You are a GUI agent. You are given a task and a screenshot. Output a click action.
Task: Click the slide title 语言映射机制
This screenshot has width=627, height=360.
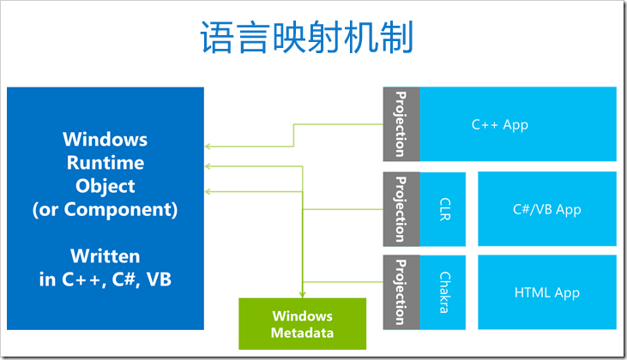coord(307,37)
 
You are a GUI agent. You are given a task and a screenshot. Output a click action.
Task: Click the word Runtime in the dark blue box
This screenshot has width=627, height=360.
coord(106,163)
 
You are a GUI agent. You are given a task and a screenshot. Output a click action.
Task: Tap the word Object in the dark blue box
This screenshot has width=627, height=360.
coord(106,187)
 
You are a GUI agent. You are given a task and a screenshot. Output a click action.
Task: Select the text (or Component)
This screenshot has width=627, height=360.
coord(106,210)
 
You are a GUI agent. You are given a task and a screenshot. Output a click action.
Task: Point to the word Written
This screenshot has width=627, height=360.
coord(106,256)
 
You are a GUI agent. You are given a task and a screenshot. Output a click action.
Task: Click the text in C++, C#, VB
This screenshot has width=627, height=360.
coord(106,279)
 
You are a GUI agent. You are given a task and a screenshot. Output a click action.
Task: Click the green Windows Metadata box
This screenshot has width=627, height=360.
coord(302,324)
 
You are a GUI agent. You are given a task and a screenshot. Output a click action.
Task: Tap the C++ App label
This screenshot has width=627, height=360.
coord(500,124)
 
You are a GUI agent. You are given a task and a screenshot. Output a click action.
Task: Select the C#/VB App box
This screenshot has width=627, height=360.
coord(547,209)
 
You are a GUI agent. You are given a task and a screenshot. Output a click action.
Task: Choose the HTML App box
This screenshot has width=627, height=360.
coord(547,292)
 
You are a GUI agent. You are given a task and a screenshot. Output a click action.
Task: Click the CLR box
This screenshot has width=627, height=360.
coord(443,209)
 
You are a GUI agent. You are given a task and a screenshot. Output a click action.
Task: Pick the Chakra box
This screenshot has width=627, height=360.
coord(443,292)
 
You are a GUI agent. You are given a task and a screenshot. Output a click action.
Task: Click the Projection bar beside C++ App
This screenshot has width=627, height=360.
coord(401,124)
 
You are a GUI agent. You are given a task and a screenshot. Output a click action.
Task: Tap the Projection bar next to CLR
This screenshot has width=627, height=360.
coord(401,209)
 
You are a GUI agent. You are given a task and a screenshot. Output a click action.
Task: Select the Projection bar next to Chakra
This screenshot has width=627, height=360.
coord(401,292)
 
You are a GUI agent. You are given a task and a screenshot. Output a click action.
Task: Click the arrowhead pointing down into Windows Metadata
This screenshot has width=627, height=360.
coord(302,295)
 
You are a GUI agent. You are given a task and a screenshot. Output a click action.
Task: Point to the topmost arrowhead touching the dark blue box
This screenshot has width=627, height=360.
coord(207,147)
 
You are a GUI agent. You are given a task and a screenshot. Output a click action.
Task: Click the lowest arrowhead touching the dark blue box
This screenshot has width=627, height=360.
coord(207,192)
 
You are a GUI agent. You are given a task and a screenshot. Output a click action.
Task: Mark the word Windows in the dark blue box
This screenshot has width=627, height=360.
coord(106,140)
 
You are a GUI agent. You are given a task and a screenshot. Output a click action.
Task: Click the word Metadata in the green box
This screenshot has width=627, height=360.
coord(302,333)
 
